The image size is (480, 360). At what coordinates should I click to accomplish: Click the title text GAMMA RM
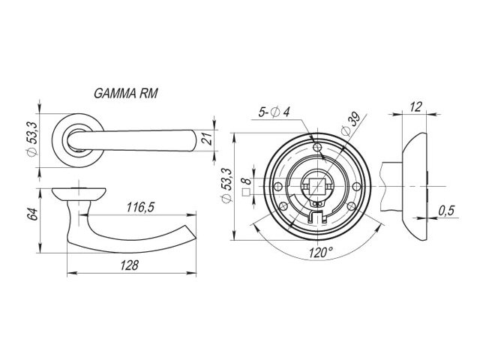click(x=126, y=93)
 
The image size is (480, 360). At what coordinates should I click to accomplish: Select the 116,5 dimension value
click(x=140, y=208)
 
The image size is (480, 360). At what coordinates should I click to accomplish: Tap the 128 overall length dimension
click(x=129, y=265)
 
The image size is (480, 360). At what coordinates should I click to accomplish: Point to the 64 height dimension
click(x=32, y=214)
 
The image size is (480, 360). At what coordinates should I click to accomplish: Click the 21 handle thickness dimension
click(x=208, y=139)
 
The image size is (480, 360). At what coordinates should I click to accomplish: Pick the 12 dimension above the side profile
click(x=415, y=106)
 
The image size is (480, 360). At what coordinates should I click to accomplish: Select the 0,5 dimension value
click(x=447, y=211)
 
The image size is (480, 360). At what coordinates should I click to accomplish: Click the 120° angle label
click(x=320, y=253)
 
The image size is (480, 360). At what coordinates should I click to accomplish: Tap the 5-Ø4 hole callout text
click(x=274, y=112)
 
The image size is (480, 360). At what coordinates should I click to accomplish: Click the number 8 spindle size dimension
click(x=247, y=181)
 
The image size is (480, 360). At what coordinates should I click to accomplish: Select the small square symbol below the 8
click(x=246, y=193)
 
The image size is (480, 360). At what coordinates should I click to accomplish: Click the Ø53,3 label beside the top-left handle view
click(x=32, y=139)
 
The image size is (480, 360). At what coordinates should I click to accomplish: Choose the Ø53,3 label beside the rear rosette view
click(x=226, y=185)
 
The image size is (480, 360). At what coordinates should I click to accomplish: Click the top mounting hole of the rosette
click(x=317, y=147)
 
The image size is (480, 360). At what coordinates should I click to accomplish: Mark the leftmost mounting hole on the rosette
click(x=278, y=186)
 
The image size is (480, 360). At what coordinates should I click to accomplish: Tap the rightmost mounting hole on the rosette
click(x=357, y=186)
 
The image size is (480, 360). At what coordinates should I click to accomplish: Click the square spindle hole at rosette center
click(x=317, y=186)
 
